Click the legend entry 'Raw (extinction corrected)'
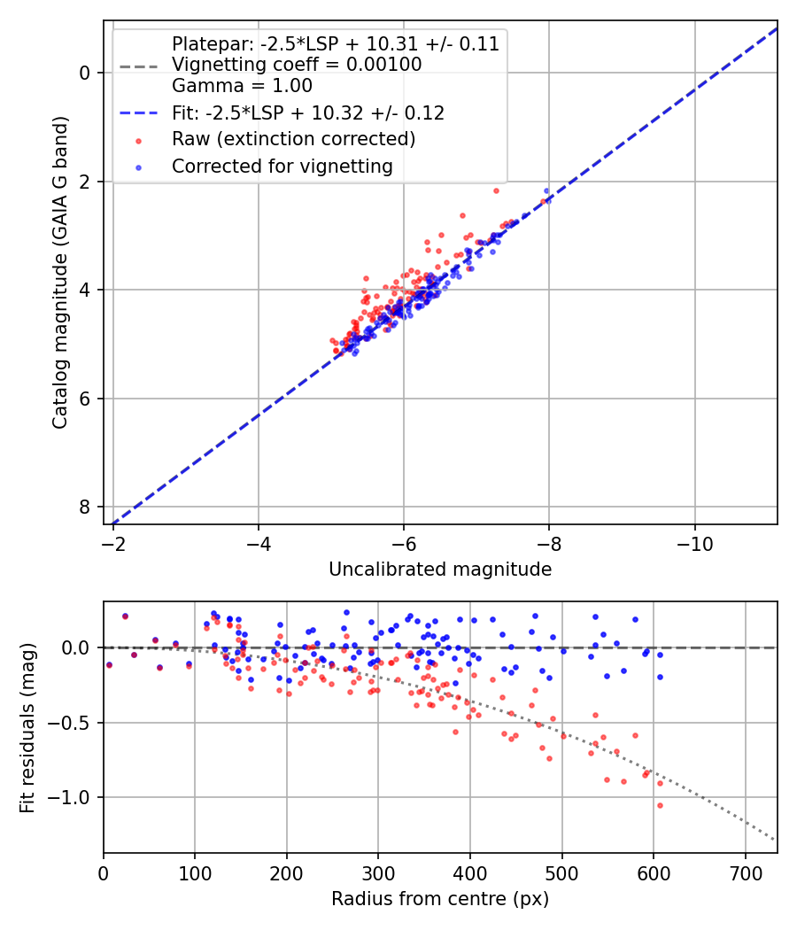293,139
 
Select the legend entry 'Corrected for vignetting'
282,166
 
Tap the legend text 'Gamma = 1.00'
242,86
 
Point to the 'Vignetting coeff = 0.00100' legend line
297,65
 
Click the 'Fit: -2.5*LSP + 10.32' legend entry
308,112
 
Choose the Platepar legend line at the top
335,43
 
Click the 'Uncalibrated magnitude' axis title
440,570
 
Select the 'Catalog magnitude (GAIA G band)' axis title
60,272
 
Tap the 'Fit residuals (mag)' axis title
27,727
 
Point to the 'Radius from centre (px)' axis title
440,899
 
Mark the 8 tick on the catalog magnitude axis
85,507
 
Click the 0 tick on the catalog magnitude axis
85,72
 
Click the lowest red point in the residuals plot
660,805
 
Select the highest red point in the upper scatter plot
496,190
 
